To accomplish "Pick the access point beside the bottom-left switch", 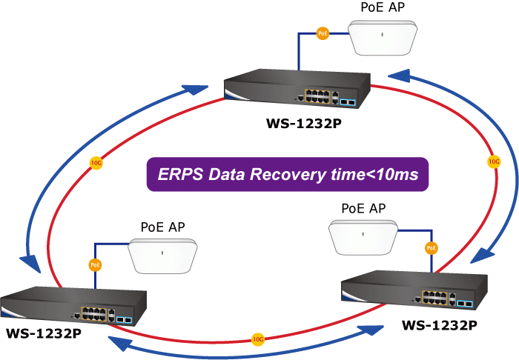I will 164,256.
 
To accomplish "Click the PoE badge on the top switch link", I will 322,33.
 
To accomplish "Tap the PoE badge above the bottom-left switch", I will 95,264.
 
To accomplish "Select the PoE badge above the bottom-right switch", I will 431,247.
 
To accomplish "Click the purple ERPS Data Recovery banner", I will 287,175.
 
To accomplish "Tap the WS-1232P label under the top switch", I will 303,124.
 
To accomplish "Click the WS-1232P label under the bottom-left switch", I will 44,333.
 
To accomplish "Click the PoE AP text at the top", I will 382,8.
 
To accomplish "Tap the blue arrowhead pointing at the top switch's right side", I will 398,74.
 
